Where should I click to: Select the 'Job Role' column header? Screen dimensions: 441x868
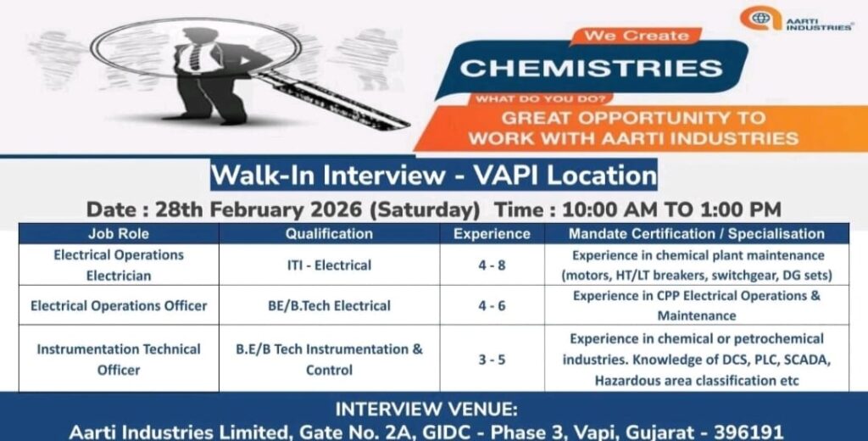coord(118,233)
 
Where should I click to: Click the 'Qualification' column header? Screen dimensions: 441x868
coord(329,233)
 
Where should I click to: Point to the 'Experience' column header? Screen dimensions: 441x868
coord(492,233)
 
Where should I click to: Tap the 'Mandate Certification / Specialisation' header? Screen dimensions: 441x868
coord(697,233)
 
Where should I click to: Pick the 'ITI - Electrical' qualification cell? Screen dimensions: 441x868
coord(329,265)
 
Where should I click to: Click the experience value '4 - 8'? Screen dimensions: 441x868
coord(492,265)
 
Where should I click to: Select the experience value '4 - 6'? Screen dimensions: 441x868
coord(492,305)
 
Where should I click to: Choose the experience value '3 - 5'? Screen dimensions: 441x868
coord(492,360)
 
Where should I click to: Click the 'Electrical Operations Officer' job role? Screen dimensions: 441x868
coord(119,305)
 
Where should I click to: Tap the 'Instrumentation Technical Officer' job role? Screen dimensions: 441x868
coord(119,360)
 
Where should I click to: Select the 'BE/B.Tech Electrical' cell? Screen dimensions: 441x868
coord(329,305)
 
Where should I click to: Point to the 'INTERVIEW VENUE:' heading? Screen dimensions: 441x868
coord(433,408)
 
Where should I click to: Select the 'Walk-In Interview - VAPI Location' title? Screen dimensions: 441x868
coord(433,176)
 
